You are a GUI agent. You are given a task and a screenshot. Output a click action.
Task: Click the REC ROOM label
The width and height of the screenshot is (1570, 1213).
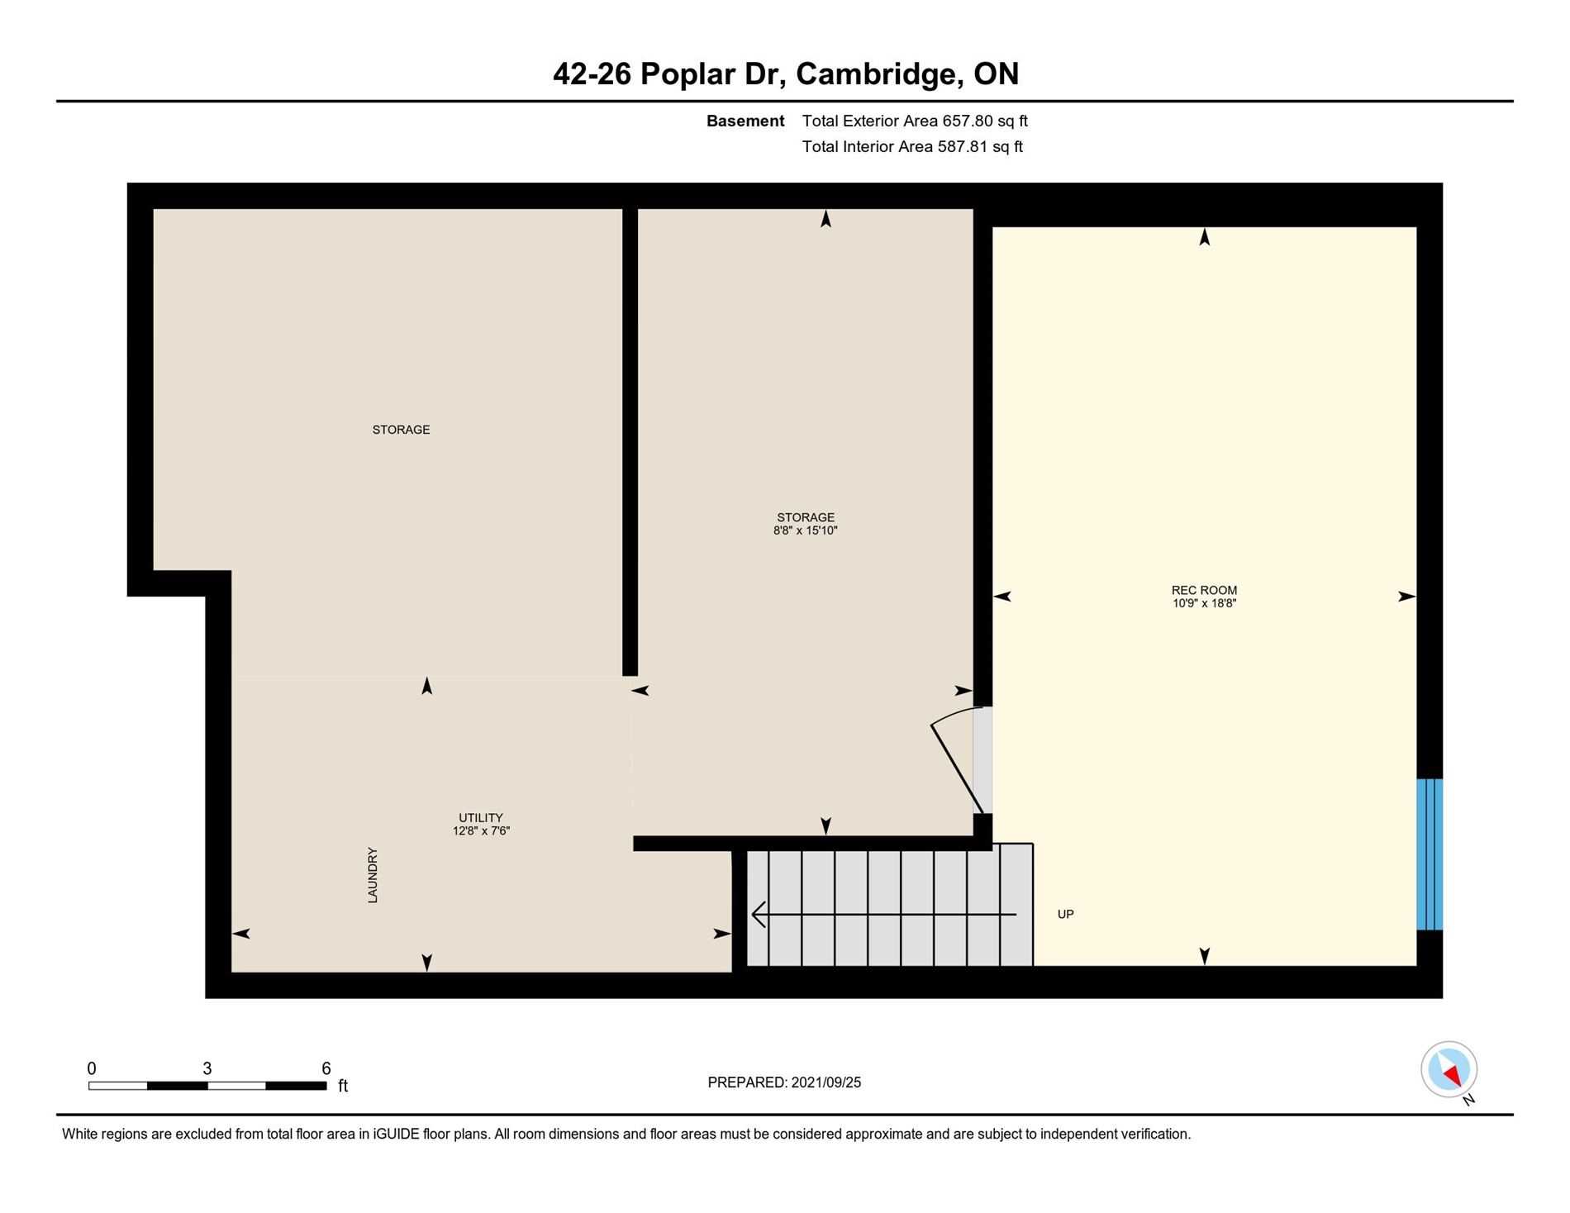pyautogui.click(x=1204, y=590)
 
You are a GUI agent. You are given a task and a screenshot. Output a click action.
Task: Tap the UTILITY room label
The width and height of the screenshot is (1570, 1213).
pyautogui.click(x=481, y=818)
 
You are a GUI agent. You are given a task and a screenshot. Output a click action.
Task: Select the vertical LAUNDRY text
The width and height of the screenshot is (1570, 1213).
pyautogui.click(x=373, y=875)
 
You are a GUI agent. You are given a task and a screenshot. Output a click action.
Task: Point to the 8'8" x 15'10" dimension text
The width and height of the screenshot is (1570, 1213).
pyautogui.click(x=806, y=530)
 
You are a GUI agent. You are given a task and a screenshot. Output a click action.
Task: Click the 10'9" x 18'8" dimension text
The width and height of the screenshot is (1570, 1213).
pyautogui.click(x=1204, y=603)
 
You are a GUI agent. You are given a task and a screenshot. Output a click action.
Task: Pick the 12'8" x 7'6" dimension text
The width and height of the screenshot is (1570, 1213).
pyautogui.click(x=481, y=831)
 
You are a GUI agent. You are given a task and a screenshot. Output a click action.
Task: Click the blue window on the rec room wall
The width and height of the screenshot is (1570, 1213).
pyautogui.click(x=1430, y=854)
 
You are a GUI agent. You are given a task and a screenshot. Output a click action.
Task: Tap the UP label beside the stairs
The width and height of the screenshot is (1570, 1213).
pyautogui.click(x=1066, y=914)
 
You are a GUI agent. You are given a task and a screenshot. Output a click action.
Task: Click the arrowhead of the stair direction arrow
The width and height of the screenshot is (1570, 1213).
pyautogui.click(x=758, y=915)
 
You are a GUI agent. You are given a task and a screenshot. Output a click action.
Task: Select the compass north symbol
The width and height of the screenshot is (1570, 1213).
pyautogui.click(x=1449, y=1069)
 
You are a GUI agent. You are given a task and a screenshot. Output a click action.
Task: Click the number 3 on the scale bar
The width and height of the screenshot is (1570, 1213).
pyautogui.click(x=207, y=1068)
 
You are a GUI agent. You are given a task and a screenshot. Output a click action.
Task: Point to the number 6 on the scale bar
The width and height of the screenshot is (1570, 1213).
pyautogui.click(x=326, y=1068)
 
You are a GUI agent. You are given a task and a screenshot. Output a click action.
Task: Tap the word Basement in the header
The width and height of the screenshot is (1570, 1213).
pyautogui.click(x=745, y=121)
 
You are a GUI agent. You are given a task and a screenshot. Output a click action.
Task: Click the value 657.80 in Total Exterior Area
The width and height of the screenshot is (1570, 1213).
pyautogui.click(x=967, y=121)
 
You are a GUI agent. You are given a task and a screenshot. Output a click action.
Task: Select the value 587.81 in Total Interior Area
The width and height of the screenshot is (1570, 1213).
pyautogui.click(x=962, y=146)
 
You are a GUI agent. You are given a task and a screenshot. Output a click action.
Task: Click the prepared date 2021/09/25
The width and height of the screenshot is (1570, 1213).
pyautogui.click(x=826, y=1082)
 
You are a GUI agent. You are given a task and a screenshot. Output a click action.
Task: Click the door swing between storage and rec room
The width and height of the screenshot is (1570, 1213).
pyautogui.click(x=957, y=760)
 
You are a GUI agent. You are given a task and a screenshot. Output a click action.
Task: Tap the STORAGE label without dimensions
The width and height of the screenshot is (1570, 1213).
pyautogui.click(x=401, y=430)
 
